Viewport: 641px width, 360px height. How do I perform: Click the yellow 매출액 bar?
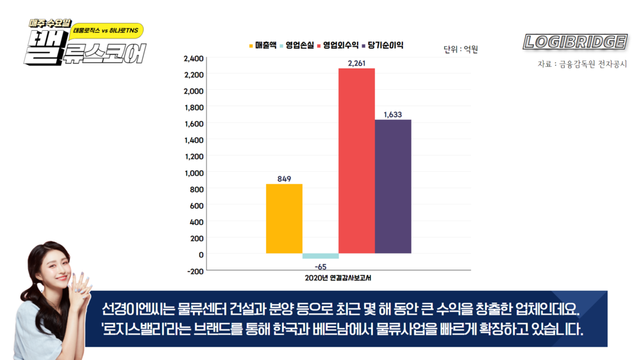[x=284, y=218]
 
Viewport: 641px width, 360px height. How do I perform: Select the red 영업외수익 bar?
[x=356, y=160]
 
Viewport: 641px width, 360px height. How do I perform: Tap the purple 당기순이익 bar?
[x=393, y=186]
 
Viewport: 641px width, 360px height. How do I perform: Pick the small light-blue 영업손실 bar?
[x=320, y=256]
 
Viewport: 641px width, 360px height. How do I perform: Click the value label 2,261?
[x=357, y=63]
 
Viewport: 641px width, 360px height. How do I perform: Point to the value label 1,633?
[x=393, y=115]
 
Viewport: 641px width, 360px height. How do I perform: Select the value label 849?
[x=285, y=179]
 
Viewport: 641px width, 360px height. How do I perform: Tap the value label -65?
[x=320, y=266]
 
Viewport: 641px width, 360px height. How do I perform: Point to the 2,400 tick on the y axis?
[x=194, y=58]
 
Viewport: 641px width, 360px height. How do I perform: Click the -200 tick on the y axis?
[x=194, y=271]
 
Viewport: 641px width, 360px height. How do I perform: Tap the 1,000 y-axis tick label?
[x=194, y=173]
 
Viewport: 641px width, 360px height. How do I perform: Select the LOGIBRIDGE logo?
[x=575, y=42]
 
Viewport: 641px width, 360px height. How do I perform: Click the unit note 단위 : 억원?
[x=461, y=49]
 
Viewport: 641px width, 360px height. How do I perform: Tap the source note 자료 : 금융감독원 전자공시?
[x=582, y=64]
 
